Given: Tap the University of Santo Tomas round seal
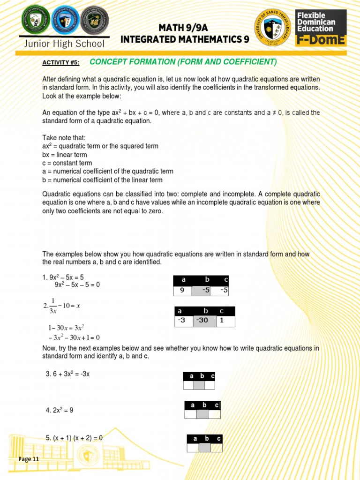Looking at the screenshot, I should click(x=272, y=28).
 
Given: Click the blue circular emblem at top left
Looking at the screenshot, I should click(x=64, y=20).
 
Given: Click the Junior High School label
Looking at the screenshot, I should click(x=65, y=44).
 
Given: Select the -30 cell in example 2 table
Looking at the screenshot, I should click(x=205, y=321).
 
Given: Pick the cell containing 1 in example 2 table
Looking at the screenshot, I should click(x=225, y=321).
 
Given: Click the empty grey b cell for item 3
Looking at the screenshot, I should click(x=199, y=385).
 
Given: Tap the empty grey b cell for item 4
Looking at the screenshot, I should click(x=202, y=414).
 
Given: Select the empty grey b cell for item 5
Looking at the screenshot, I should click(x=205, y=448).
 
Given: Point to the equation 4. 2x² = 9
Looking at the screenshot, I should click(x=60, y=410).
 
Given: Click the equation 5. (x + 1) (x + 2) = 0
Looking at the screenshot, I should click(x=74, y=438).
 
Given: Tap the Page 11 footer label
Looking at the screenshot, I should click(x=29, y=459).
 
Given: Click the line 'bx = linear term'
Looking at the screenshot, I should click(x=65, y=155).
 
